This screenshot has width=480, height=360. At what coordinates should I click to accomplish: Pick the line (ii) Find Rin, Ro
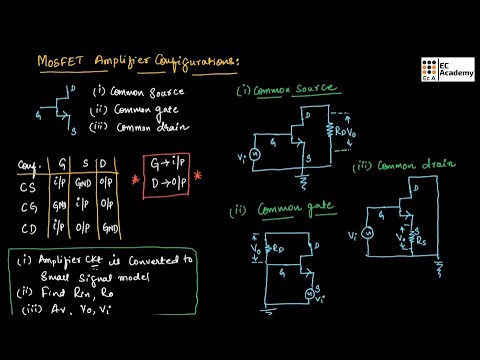[62, 296]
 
